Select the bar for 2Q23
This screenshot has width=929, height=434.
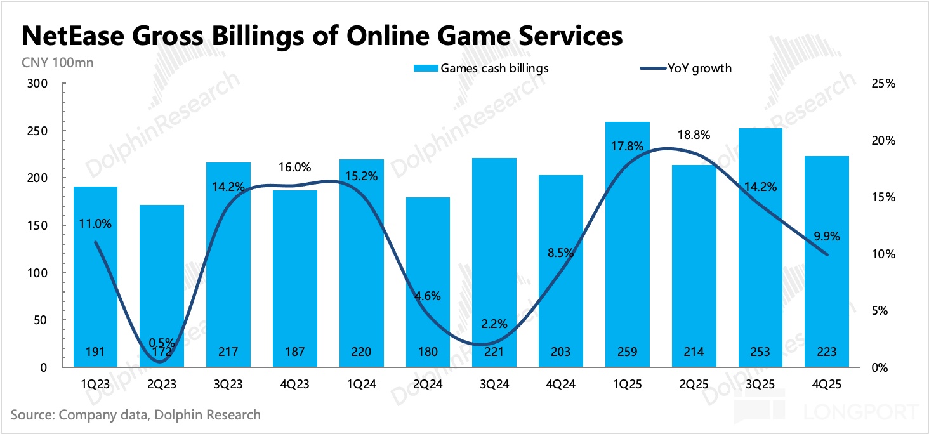tap(162, 286)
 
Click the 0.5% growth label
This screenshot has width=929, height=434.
tap(162, 343)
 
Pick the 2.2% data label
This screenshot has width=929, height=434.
tap(494, 324)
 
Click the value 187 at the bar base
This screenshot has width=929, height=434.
tap(295, 352)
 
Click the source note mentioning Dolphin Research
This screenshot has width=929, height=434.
tap(135, 415)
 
